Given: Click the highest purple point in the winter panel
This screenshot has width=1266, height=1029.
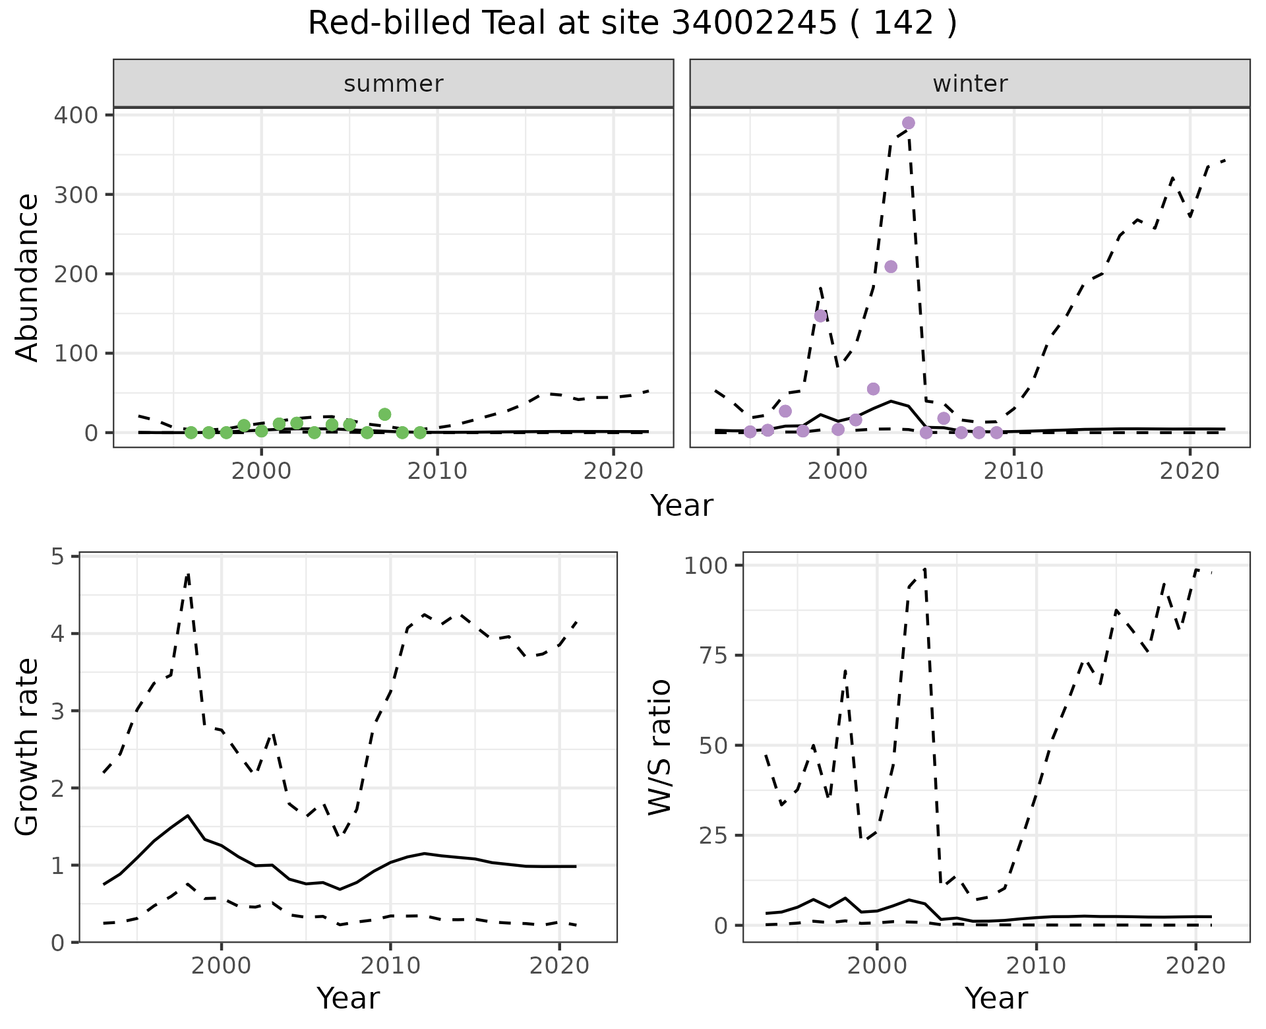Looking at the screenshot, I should tap(908, 123).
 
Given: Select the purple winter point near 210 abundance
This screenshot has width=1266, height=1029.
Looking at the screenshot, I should tap(890, 266).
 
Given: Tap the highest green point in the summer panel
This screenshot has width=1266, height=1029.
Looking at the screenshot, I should tap(384, 414).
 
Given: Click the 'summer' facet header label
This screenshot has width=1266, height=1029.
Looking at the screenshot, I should tap(394, 84).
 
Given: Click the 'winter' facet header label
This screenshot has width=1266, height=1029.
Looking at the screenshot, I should tap(970, 84).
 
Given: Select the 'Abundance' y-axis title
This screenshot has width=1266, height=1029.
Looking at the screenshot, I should tap(28, 278).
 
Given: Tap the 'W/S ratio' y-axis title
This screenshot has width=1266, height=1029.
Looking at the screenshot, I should tap(659, 747).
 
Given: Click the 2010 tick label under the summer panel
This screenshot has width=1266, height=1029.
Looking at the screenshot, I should tap(437, 471).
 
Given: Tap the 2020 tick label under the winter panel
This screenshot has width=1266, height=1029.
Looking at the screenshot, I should tap(1190, 471).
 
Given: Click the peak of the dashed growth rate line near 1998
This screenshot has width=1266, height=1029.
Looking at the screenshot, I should tap(189, 574).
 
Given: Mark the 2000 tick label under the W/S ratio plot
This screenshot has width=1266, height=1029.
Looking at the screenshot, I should tap(876, 966).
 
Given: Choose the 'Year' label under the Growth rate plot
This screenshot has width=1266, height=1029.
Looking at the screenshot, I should tap(348, 999).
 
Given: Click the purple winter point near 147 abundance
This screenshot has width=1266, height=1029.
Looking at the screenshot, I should tap(820, 316).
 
